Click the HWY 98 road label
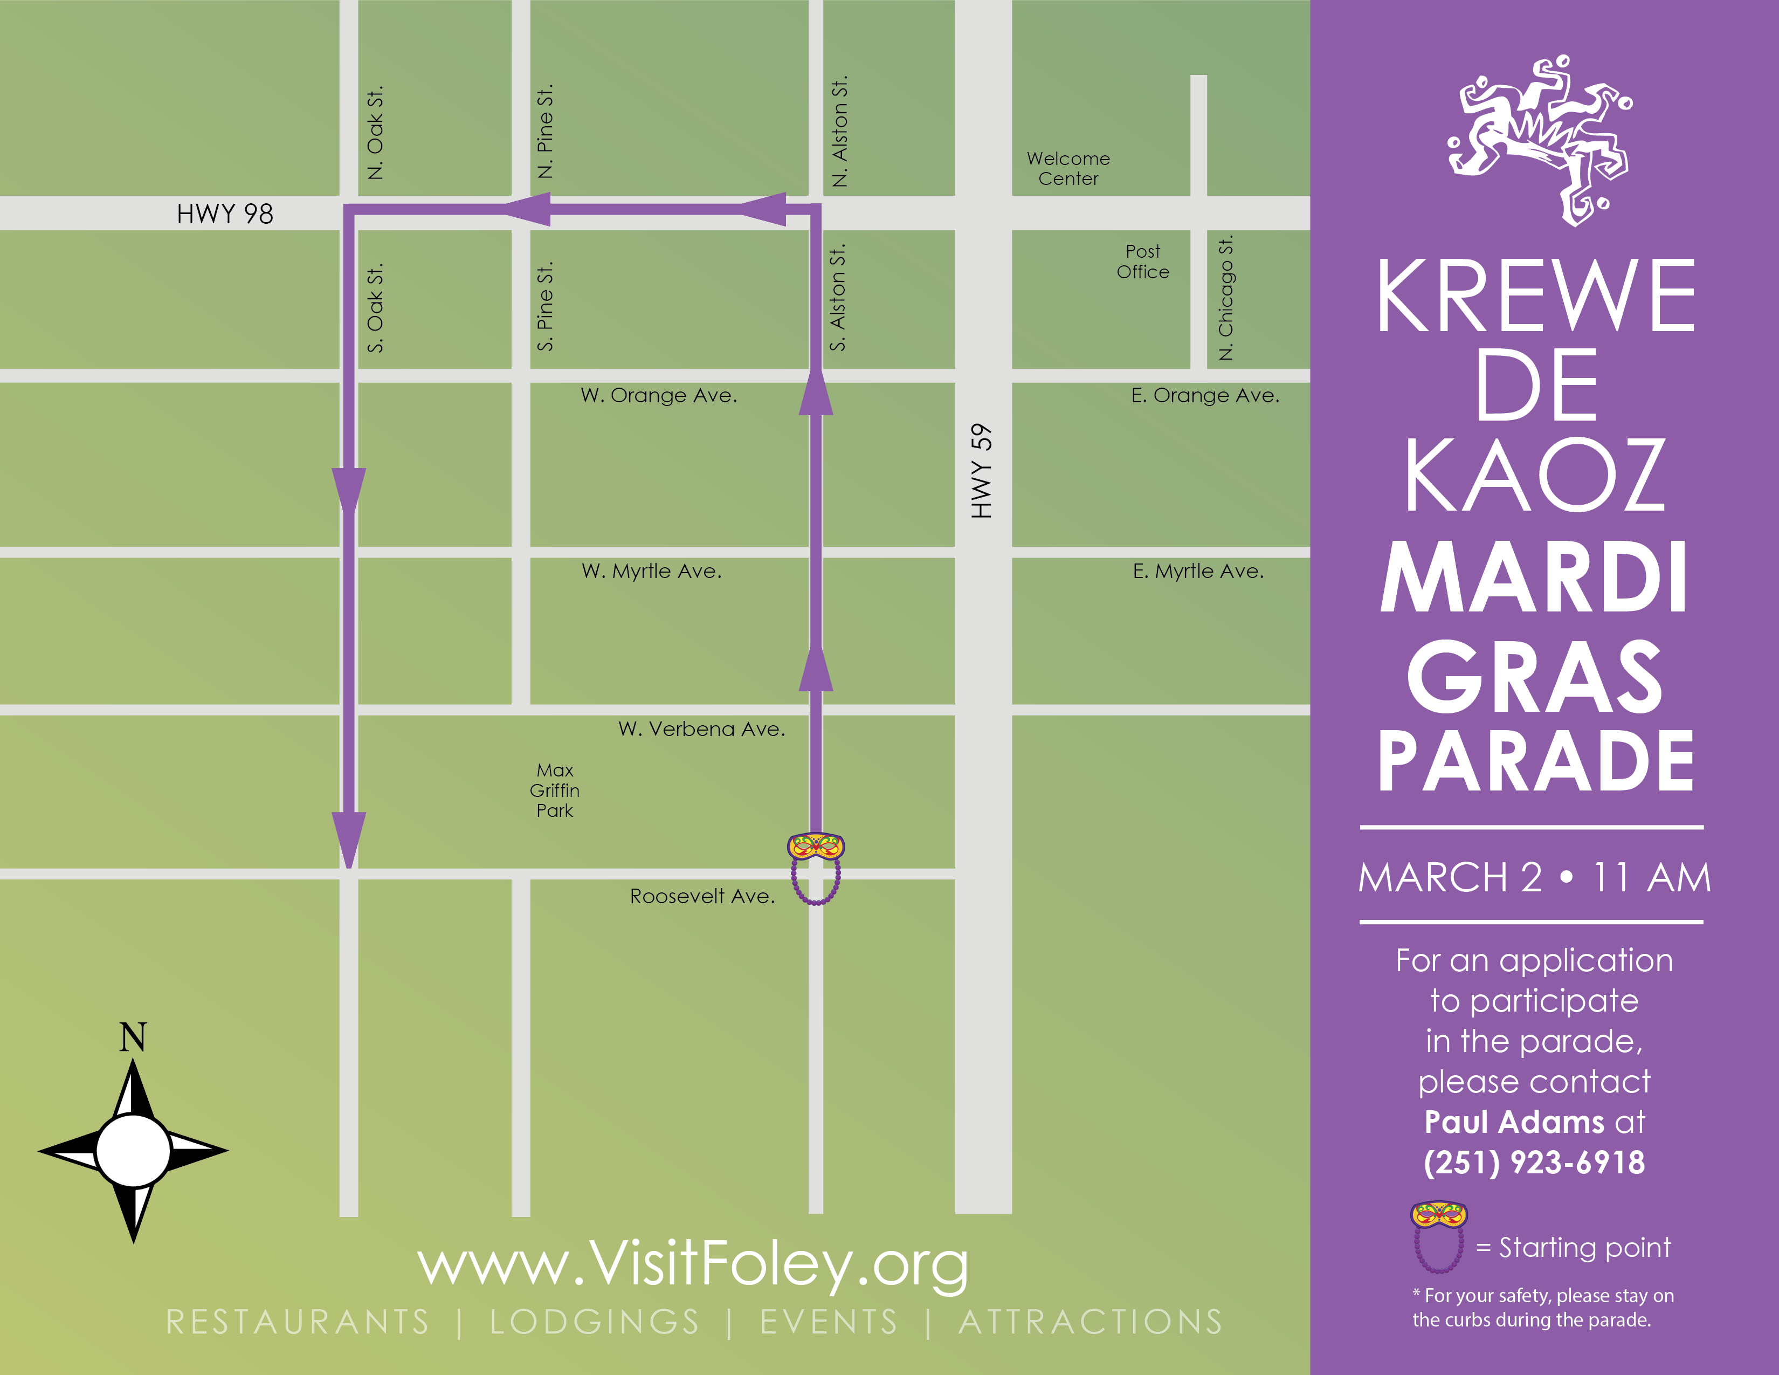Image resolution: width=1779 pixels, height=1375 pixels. click(225, 214)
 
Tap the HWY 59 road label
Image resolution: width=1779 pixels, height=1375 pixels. click(982, 471)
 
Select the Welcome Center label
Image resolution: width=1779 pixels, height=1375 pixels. click(1068, 169)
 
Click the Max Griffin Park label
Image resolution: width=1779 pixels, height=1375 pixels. click(555, 790)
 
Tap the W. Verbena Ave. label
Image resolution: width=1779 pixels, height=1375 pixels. click(701, 729)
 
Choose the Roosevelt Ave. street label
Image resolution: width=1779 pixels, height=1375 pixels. click(702, 896)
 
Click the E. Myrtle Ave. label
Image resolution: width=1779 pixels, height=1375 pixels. click(1197, 571)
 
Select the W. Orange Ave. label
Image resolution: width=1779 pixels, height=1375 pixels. click(658, 395)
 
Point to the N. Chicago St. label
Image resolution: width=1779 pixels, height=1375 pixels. click(1225, 297)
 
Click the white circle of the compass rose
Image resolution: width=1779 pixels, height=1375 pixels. click(133, 1150)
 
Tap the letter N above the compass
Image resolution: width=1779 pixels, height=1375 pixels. click(133, 1037)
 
